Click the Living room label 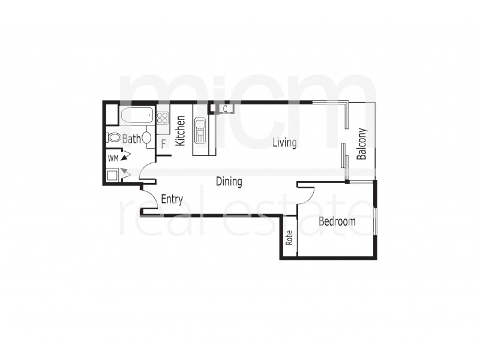click(x=284, y=143)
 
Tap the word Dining click(x=229, y=181)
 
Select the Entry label click(x=172, y=200)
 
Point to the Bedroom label click(x=337, y=221)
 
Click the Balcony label click(x=362, y=145)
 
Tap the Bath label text click(x=131, y=139)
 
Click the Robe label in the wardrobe click(x=289, y=239)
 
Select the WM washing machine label click(x=113, y=158)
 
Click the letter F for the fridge click(x=163, y=144)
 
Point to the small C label click(x=224, y=109)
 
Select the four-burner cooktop click(x=163, y=118)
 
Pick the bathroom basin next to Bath click(x=147, y=139)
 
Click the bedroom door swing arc click(x=308, y=195)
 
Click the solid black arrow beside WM click(x=125, y=158)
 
